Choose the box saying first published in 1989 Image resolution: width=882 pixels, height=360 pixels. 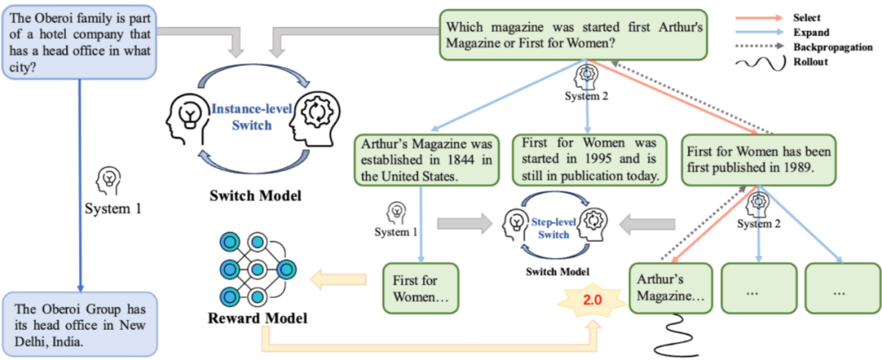coord(757,159)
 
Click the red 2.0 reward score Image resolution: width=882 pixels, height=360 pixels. coord(592,300)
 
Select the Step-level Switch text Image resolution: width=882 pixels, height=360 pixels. coord(554,229)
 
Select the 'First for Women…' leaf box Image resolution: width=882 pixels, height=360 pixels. coord(421,288)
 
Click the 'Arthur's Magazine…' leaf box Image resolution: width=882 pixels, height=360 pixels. coord(670,288)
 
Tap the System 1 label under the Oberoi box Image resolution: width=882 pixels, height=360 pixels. coord(113,209)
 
